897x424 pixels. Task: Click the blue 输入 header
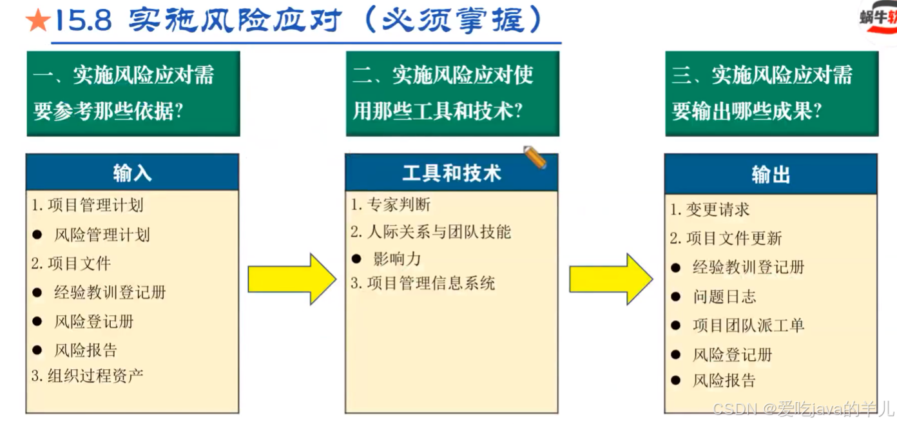pyautogui.click(x=132, y=173)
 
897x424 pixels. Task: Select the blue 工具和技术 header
pyautogui.click(x=451, y=173)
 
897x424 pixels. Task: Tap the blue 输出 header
pyautogui.click(x=770, y=174)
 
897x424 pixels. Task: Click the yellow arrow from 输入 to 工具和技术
pyautogui.click(x=292, y=278)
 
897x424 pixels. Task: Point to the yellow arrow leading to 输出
pyautogui.click(x=610, y=278)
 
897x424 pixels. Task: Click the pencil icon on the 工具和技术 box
pyautogui.click(x=535, y=157)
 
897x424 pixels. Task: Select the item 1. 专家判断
pyautogui.click(x=391, y=205)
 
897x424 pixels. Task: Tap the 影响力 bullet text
pyautogui.click(x=397, y=259)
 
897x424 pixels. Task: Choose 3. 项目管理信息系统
pyautogui.click(x=423, y=283)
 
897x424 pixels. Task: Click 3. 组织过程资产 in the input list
pyautogui.click(x=88, y=376)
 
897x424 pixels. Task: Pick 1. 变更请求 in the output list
pyautogui.click(x=710, y=209)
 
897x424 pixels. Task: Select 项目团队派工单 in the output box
pyautogui.click(x=748, y=325)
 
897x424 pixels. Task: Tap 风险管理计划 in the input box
pyautogui.click(x=102, y=235)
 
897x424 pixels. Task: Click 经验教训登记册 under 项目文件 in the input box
pyautogui.click(x=110, y=292)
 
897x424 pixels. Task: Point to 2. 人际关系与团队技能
pyautogui.click(x=431, y=232)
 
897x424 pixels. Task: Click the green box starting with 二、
pyautogui.click(x=452, y=93)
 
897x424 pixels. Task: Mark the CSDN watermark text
pyautogui.click(x=803, y=409)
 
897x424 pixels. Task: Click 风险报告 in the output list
pyautogui.click(x=724, y=380)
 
